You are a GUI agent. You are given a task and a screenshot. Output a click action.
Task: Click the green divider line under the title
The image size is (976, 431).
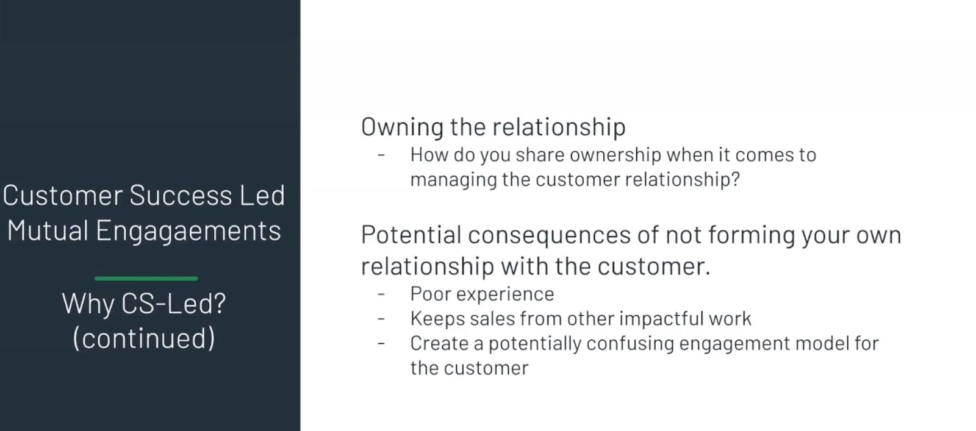[x=146, y=279]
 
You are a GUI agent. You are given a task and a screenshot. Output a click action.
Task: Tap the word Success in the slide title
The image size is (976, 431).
[x=181, y=195]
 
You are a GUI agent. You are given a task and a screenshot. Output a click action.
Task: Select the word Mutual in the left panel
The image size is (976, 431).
[x=48, y=230]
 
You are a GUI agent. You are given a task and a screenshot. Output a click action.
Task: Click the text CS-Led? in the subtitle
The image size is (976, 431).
[x=174, y=304]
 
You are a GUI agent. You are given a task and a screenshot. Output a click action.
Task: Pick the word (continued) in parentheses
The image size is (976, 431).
[x=144, y=338]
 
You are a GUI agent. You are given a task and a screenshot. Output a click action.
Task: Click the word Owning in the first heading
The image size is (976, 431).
[x=402, y=128]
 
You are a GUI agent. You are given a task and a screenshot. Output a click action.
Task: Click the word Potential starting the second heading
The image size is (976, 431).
[x=411, y=235]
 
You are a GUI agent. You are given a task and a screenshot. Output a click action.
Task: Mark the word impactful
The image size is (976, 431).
[x=661, y=319]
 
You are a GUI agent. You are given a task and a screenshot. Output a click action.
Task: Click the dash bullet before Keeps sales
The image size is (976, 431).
[x=381, y=319]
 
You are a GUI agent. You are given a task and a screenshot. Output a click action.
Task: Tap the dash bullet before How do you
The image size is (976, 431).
[x=381, y=155]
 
